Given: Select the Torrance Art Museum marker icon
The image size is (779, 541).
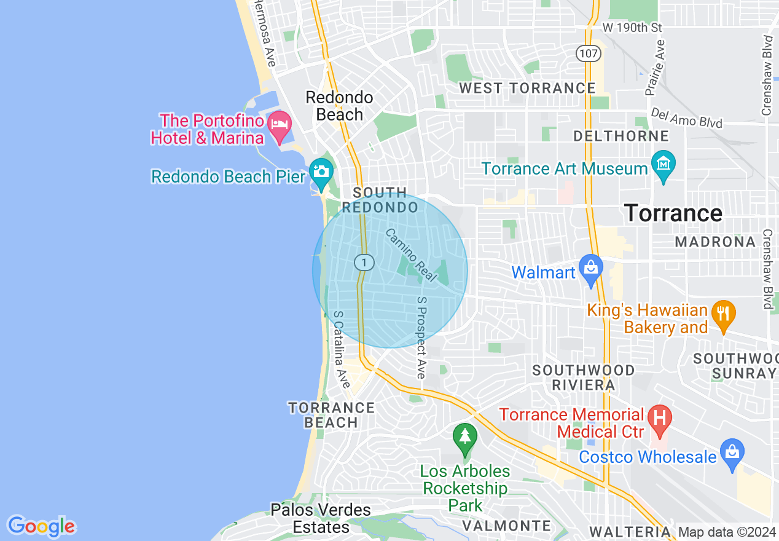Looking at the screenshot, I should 664,164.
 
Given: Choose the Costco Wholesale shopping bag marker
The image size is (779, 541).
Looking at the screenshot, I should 732,452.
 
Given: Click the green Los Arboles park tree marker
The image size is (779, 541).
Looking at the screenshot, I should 465,436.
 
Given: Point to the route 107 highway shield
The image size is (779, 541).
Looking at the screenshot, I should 588,53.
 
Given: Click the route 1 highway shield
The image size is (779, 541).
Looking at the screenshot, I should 364,263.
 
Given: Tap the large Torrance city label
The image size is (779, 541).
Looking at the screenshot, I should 673,213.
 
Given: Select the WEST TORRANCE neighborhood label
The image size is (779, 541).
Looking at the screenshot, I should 527,88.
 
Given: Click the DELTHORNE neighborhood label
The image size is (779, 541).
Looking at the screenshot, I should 620,135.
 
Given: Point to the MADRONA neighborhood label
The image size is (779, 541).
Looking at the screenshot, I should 715,242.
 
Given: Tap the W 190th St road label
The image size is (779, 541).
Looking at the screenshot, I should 632,28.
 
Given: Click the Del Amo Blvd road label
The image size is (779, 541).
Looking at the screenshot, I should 686,117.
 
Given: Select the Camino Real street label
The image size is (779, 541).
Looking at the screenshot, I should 411,255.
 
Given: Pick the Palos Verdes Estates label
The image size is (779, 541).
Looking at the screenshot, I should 321,518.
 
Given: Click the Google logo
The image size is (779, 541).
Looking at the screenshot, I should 41,526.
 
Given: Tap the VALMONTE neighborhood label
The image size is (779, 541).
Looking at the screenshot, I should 506,526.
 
